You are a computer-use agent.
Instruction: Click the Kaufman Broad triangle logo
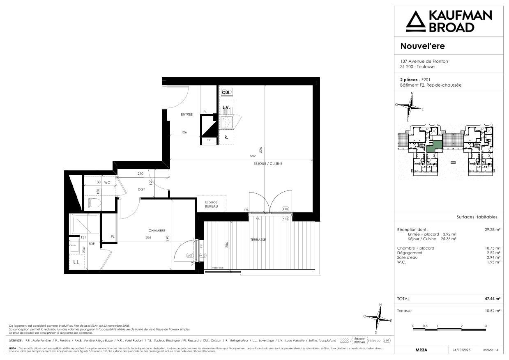[x=416, y=21]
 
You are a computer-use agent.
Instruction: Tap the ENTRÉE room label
[x=187, y=115]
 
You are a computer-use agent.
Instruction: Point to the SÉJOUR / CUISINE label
[x=268, y=163]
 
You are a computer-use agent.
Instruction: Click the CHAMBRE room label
[x=157, y=231]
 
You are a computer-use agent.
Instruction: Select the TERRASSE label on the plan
[x=258, y=240]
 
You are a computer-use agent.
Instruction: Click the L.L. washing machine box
[x=76, y=262]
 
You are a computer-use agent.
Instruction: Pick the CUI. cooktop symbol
[x=226, y=93]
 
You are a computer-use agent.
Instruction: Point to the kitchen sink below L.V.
[x=226, y=122]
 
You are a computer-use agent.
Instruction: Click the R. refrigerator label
[x=226, y=138]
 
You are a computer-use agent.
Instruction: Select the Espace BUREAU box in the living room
[x=211, y=204]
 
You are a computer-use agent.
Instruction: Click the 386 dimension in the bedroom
[x=149, y=238]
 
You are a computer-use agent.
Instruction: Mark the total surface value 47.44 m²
[x=492, y=299]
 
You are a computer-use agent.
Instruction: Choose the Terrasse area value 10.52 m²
[x=492, y=311]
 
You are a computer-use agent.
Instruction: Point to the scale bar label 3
[x=486, y=326]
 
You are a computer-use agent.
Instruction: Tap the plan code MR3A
[x=421, y=350]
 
